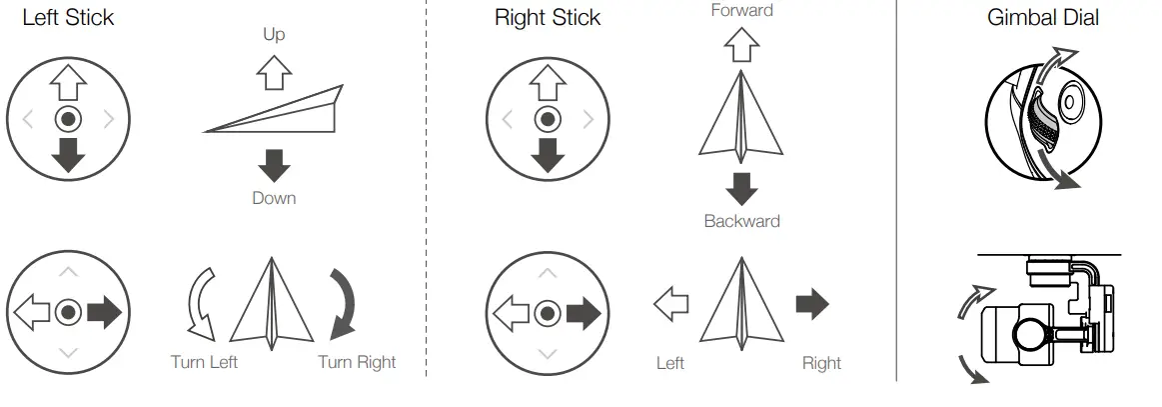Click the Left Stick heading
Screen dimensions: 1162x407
68,17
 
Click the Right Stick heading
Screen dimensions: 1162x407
548,17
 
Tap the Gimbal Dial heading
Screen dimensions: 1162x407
1043,17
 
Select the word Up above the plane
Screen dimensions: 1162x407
274,35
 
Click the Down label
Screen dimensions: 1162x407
274,198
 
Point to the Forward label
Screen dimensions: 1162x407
741,11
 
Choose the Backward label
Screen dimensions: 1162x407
741,221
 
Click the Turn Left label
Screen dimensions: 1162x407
204,362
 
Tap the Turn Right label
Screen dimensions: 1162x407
357,362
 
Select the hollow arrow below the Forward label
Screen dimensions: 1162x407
741,44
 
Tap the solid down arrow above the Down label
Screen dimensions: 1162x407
274,165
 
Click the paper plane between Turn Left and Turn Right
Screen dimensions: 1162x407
272,305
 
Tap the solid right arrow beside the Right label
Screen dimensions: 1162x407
811,305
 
